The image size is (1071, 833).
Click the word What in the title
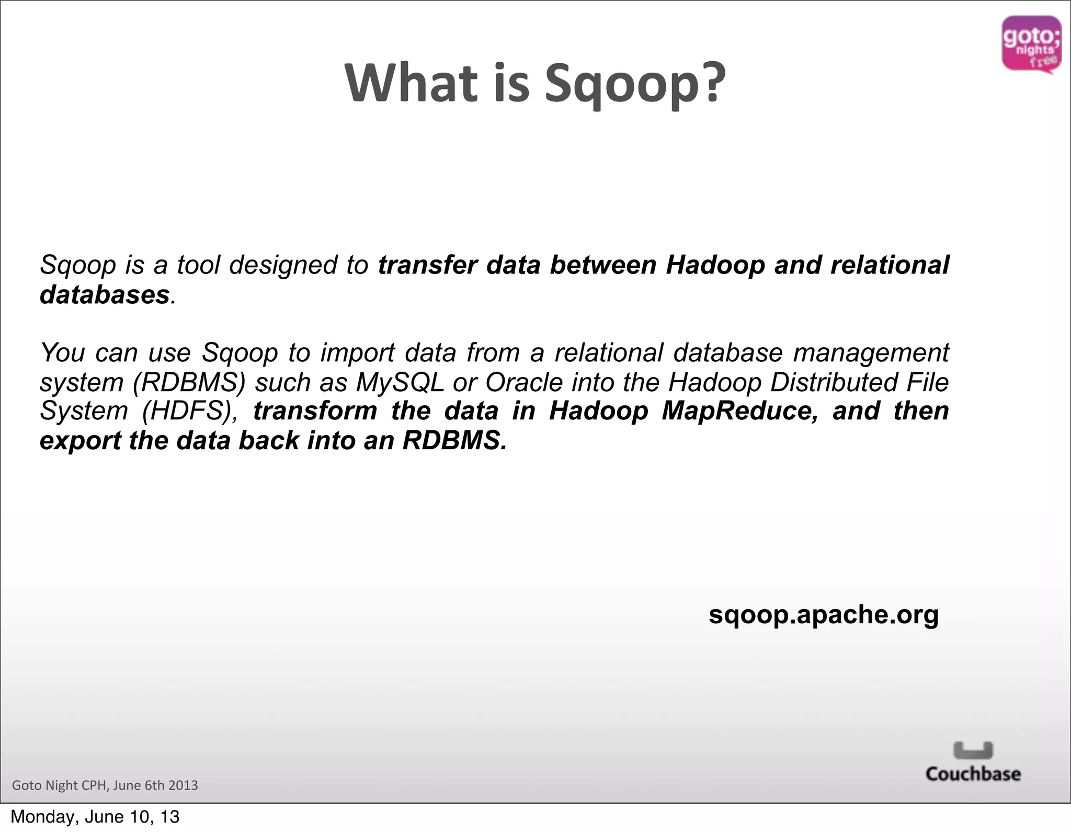click(x=411, y=84)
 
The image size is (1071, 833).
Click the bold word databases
click(x=105, y=294)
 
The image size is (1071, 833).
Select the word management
click(x=871, y=352)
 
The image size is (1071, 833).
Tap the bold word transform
click(x=315, y=411)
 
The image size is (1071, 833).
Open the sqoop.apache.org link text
click(x=824, y=614)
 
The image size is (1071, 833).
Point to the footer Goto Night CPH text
click(x=105, y=785)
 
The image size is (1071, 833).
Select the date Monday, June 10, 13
click(x=95, y=817)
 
